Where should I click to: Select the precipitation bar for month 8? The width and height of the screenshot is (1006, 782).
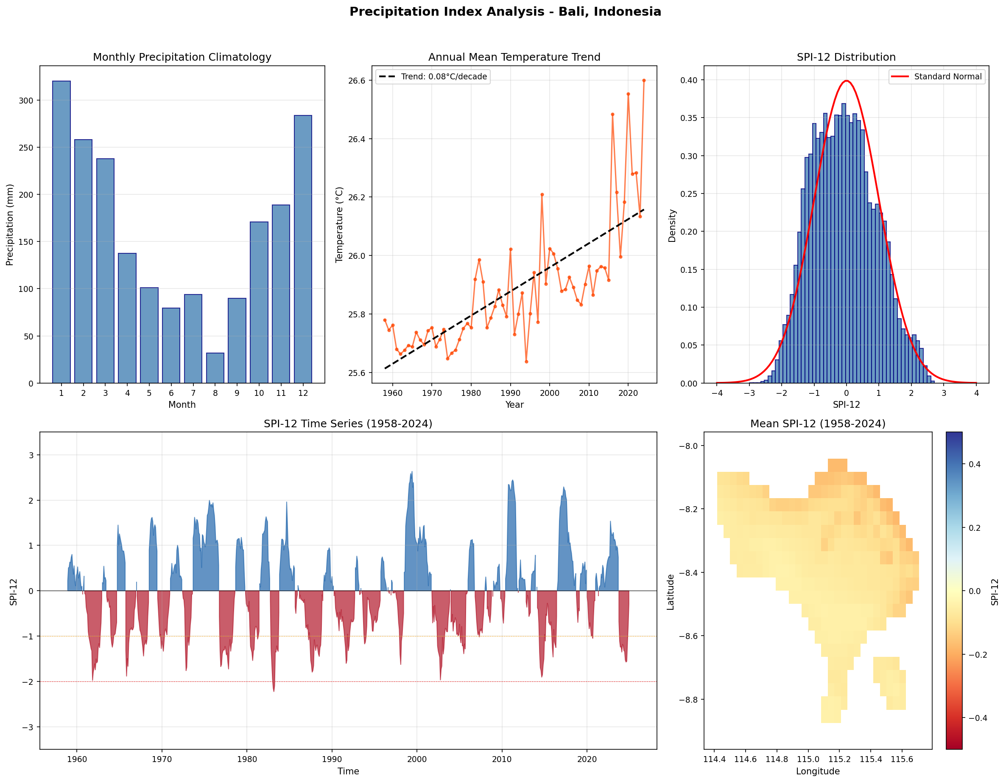215,368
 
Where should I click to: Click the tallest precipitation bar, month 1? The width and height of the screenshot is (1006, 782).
61,232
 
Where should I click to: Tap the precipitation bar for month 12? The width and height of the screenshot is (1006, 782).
303,249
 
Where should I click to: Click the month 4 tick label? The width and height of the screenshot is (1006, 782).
127,393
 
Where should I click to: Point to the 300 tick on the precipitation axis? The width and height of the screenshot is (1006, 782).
26,101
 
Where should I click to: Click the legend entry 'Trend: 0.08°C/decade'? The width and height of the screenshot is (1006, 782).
433,76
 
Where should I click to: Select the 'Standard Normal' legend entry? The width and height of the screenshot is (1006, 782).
937,76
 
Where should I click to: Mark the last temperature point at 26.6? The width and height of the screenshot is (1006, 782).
644,80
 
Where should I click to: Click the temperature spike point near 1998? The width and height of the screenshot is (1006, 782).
542,194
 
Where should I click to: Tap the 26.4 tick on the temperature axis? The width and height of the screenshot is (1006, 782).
357,139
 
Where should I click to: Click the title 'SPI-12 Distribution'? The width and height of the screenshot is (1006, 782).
846,57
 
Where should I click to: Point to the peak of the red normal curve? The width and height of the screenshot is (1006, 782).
847,81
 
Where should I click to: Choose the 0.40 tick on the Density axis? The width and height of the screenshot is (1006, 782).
689,80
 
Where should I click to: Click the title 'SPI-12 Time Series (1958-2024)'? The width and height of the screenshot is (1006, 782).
348,423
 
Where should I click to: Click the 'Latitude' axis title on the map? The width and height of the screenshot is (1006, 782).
671,592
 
